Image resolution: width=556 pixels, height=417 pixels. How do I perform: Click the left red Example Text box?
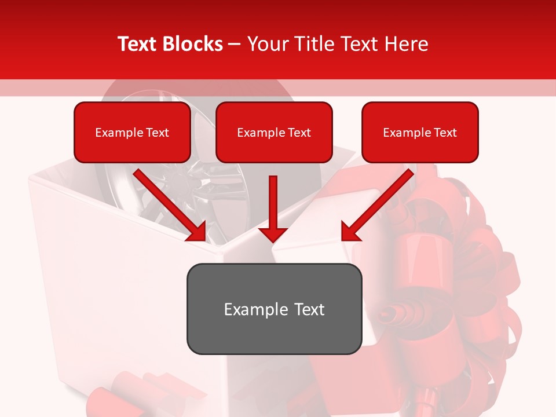coord(132,132)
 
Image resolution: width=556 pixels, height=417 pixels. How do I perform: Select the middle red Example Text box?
coord(274,132)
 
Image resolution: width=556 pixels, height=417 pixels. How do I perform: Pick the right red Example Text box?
coord(420,132)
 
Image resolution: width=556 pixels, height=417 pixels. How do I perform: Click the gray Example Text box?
coord(274,309)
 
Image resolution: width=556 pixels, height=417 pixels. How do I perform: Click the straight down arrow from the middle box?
coord(273,206)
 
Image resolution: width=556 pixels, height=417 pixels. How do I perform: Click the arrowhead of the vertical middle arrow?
coord(273,234)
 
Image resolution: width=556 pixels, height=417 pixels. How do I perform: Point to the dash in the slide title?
coord(235,45)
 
